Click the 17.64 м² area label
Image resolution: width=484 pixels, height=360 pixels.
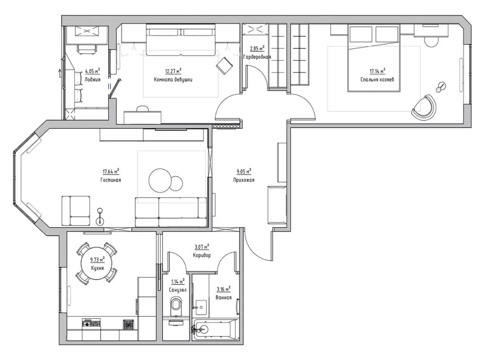point(111,171)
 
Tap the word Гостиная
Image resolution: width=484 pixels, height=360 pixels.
point(111,180)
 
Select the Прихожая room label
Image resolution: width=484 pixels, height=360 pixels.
point(244,180)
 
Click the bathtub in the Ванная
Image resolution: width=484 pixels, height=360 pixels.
point(215,329)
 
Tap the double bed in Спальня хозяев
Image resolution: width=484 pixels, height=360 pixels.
point(374,58)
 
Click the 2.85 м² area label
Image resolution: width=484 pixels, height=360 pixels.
point(257,48)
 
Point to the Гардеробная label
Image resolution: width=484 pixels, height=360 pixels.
point(257,57)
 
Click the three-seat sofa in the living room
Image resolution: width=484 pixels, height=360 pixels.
point(171,212)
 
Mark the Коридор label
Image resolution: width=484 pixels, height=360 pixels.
point(202,255)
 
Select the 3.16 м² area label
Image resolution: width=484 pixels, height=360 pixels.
point(224,290)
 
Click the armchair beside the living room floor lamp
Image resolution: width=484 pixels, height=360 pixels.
point(76,211)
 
